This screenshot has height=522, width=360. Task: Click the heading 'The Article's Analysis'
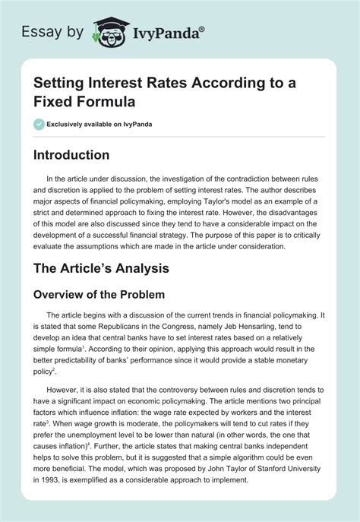106,268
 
